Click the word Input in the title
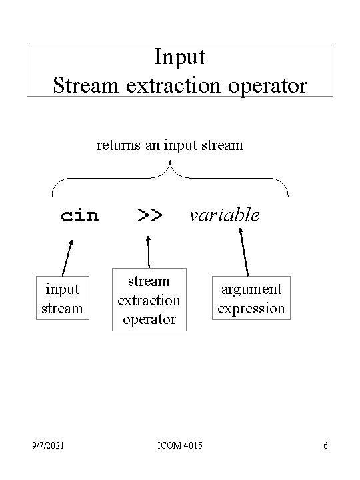(x=180, y=58)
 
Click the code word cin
(x=79, y=216)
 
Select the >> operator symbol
(x=149, y=215)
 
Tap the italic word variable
(x=224, y=215)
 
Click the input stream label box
(x=63, y=299)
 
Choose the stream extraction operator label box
(x=148, y=300)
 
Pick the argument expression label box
(x=252, y=299)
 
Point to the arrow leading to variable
(x=243, y=252)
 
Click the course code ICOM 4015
(x=181, y=445)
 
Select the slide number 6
(x=325, y=445)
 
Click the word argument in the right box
(x=252, y=289)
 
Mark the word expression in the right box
(x=252, y=309)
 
